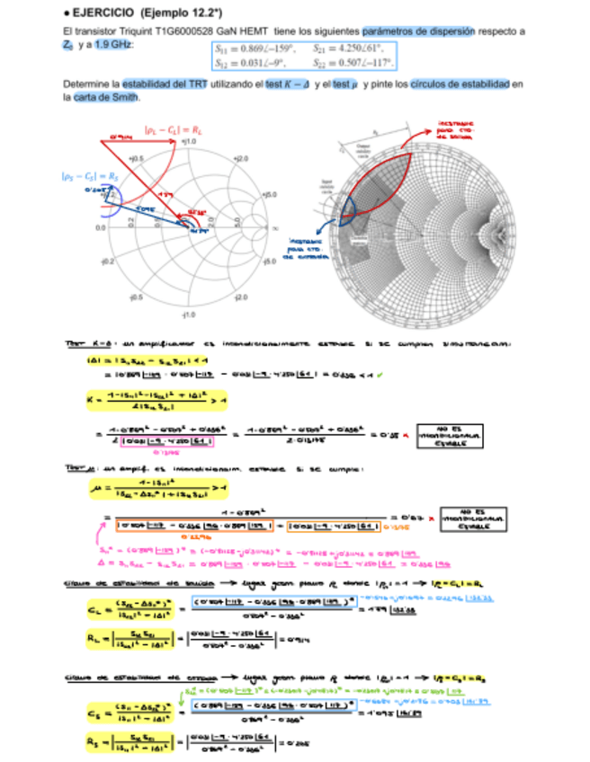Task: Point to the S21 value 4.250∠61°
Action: coord(347,49)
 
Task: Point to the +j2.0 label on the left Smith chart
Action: coord(241,158)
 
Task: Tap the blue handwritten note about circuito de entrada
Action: coord(307,248)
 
